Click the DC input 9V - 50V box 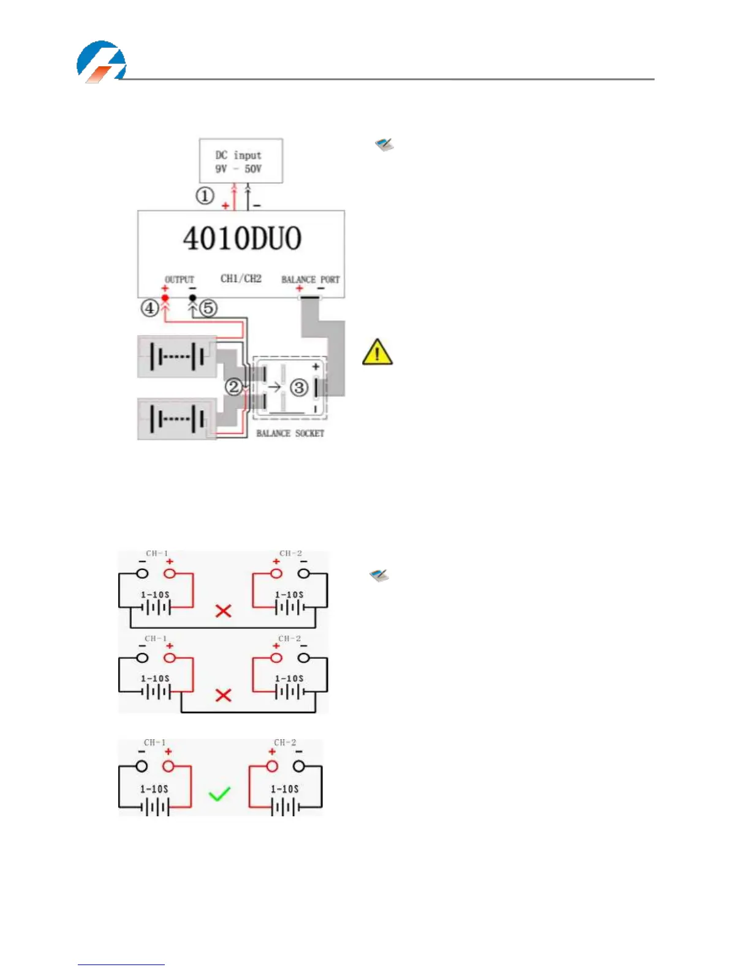(x=241, y=160)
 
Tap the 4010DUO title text (x=242, y=238)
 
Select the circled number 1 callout (x=205, y=196)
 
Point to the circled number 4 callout (x=150, y=307)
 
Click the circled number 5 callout (x=209, y=307)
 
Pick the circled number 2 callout (x=233, y=386)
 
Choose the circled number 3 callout (x=298, y=387)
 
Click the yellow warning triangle (x=377, y=352)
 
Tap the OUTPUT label (x=179, y=279)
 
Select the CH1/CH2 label (x=241, y=279)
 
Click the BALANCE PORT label (x=310, y=279)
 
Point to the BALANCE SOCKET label (x=290, y=433)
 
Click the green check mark (x=219, y=794)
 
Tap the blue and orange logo (x=101, y=62)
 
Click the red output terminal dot (x=165, y=298)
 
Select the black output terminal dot (x=192, y=298)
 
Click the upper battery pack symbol (x=176, y=356)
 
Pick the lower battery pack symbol (x=176, y=419)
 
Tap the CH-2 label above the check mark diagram (x=285, y=742)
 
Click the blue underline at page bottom (x=121, y=964)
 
